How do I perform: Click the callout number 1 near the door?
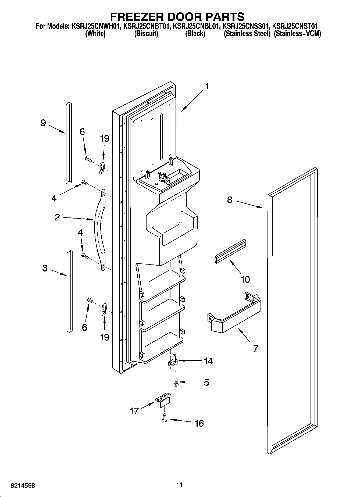click(x=207, y=87)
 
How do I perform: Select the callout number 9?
click(x=43, y=123)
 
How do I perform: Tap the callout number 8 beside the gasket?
click(x=229, y=200)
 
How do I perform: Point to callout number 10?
click(x=245, y=279)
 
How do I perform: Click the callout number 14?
click(x=208, y=361)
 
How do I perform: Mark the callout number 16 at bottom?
click(x=199, y=423)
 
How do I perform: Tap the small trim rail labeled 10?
click(x=230, y=251)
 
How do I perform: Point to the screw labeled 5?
click(x=176, y=382)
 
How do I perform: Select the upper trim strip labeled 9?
click(x=69, y=142)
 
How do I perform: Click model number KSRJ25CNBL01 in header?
click(x=195, y=26)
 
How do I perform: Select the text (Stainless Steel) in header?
click(x=247, y=34)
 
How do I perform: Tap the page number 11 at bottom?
click(x=179, y=485)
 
